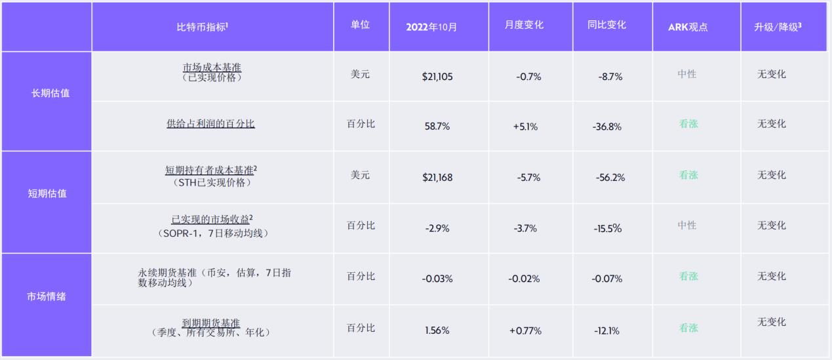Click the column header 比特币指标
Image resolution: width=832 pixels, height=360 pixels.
click(x=202, y=27)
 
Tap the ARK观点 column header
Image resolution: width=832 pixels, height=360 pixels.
click(x=688, y=27)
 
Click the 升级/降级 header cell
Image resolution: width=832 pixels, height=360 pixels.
click(x=778, y=27)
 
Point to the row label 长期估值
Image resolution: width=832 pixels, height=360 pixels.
click(x=50, y=93)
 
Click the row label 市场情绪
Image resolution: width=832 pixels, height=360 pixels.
click(x=47, y=296)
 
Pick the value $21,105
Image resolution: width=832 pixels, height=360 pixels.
click(x=437, y=76)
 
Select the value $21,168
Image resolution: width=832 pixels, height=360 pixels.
click(x=437, y=177)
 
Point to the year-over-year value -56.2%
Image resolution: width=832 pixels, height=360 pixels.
click(x=610, y=177)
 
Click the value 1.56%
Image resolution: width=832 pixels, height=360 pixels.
click(x=437, y=330)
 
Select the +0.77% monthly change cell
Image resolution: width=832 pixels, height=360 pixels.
click(x=525, y=330)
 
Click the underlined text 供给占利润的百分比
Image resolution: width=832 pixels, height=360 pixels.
click(x=210, y=123)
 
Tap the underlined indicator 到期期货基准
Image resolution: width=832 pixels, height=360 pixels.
click(x=210, y=323)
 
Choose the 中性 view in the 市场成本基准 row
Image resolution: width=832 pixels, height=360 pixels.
click(x=687, y=74)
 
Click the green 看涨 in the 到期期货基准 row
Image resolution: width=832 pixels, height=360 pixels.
click(x=688, y=328)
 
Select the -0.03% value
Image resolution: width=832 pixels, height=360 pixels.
click(x=437, y=279)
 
